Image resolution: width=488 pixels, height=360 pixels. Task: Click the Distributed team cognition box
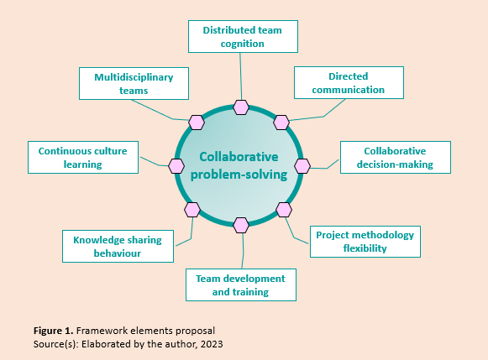tap(242, 36)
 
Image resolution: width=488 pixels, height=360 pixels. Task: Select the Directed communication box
tap(349, 82)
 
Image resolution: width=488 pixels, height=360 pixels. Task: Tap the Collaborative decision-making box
tap(395, 157)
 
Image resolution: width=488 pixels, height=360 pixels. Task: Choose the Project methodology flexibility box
tap(365, 241)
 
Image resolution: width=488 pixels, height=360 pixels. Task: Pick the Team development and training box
tap(240, 285)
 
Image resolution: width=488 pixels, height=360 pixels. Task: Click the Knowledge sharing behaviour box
tap(118, 246)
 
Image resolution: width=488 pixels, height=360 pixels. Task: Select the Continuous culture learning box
tap(82, 158)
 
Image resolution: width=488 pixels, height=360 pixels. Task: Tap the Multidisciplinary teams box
tap(134, 83)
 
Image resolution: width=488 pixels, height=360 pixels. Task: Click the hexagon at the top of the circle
tap(242, 107)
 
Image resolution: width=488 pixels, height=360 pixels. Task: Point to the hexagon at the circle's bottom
tap(242, 225)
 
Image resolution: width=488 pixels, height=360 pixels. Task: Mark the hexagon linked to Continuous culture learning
tap(176, 165)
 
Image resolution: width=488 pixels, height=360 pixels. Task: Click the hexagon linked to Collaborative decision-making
tap(302, 165)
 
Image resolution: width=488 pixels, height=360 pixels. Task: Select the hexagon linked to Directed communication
tap(282, 122)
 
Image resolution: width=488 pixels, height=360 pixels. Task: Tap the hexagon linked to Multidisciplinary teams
tap(197, 123)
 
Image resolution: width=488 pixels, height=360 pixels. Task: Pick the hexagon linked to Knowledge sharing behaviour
tap(192, 209)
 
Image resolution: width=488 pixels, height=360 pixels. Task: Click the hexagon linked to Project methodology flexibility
tap(284, 209)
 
